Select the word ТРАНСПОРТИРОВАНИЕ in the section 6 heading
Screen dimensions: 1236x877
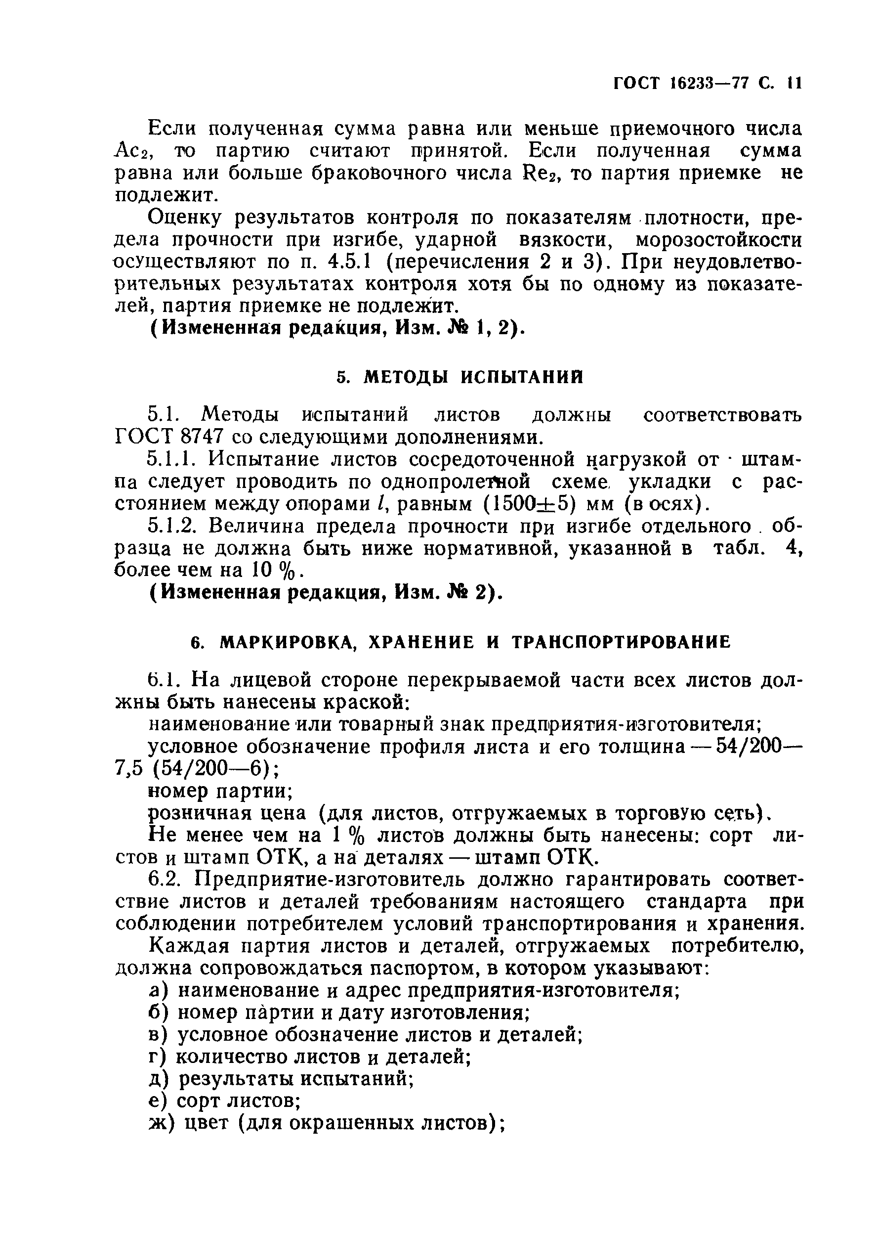[x=621, y=642]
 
